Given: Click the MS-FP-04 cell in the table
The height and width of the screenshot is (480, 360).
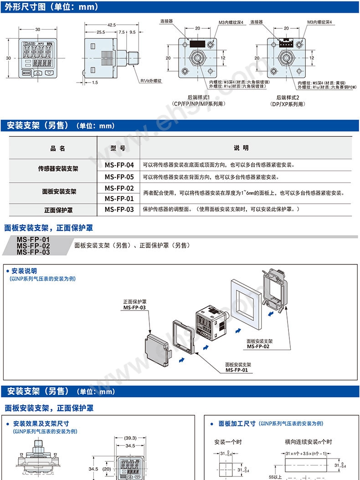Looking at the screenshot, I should pyautogui.click(x=119, y=165).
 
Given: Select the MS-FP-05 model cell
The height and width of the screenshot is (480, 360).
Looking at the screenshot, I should pyautogui.click(x=119, y=177).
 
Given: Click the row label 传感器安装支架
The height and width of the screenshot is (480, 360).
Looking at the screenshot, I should pyautogui.click(x=58, y=168).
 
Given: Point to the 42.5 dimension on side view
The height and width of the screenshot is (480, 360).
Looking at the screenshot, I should pyautogui.click(x=111, y=25).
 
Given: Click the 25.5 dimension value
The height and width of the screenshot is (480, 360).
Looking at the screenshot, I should pyautogui.click(x=101, y=32).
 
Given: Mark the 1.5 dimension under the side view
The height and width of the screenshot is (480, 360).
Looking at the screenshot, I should pyautogui.click(x=94, y=83).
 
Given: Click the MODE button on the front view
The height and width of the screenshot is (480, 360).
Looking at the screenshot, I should pyautogui.click(x=26, y=72).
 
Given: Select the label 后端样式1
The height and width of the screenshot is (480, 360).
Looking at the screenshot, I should pyautogui.click(x=200, y=97).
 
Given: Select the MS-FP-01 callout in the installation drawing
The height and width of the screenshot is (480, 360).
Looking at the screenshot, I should pyautogui.click(x=237, y=370).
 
